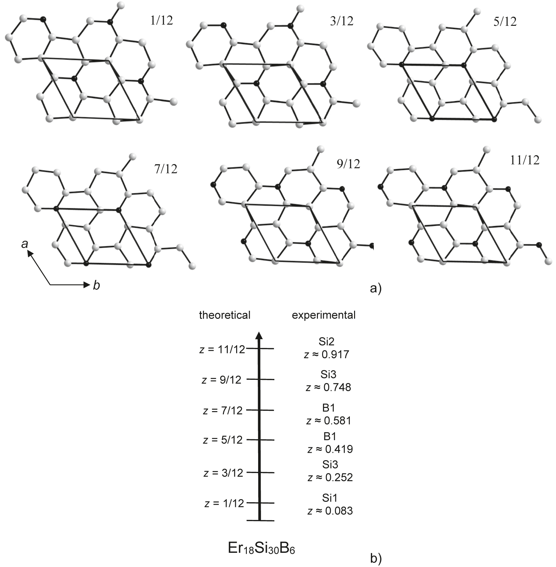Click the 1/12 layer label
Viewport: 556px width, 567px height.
point(162,21)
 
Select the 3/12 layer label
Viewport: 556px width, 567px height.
point(342,21)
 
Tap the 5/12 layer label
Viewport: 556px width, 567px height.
point(505,22)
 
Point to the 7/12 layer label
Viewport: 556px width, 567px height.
point(166,169)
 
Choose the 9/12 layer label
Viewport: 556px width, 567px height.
point(348,164)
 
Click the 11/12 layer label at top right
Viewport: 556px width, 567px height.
point(525,160)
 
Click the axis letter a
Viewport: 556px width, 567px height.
point(25,244)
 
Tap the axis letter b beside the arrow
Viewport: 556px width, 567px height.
point(96,285)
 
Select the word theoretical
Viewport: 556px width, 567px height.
point(225,315)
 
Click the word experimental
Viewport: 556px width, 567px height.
point(323,315)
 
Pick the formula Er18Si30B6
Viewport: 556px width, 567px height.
point(261,548)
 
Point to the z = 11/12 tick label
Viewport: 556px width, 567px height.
point(222,349)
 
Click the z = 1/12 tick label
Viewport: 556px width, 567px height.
point(224,503)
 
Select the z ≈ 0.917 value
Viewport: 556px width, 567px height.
point(327,355)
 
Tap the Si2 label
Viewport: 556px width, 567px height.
point(326,341)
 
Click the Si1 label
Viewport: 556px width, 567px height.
point(330,498)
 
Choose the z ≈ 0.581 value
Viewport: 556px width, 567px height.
point(329,421)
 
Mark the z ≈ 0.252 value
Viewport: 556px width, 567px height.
point(330,477)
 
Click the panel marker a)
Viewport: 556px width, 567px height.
point(375,288)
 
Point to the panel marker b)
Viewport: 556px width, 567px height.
point(376,558)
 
